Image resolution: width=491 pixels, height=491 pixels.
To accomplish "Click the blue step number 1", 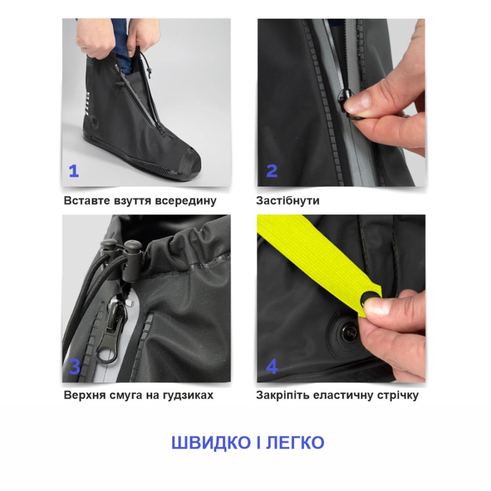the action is tap(74, 171).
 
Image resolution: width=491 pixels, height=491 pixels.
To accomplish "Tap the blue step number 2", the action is tap(272, 171).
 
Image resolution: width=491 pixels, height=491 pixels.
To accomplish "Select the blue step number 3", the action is tap(75, 367).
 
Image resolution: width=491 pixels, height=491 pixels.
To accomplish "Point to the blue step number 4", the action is tap(272, 367).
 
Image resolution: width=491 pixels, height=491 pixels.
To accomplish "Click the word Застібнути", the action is tap(288, 200).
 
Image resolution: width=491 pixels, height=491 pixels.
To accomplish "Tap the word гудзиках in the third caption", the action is tap(188, 395).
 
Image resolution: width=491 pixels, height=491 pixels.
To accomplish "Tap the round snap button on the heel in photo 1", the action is tap(94, 122).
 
